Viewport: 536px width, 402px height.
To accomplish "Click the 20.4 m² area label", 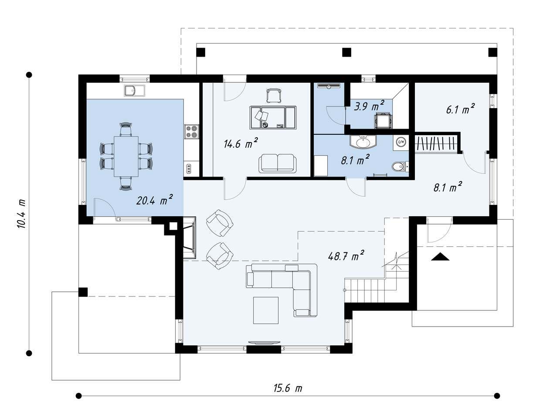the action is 154,200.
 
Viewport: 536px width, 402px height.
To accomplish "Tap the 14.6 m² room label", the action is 241,143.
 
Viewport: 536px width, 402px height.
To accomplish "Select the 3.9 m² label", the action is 369,106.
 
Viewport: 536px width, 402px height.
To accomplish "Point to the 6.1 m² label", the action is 460,109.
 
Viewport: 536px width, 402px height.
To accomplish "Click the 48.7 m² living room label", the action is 346,256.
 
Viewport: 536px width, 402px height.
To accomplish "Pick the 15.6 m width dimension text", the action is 288,388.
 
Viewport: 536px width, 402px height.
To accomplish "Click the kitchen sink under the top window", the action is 134,90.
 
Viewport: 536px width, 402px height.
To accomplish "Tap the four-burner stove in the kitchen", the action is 191,132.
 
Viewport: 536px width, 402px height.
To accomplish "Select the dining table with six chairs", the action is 126,156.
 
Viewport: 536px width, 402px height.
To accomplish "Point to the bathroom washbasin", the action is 363,142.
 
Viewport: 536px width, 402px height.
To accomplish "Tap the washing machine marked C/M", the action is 401,142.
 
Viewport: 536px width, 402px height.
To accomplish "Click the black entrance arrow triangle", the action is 440,257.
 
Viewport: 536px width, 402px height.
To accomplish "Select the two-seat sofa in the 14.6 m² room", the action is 278,164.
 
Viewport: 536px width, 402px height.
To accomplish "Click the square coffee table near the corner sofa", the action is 266,310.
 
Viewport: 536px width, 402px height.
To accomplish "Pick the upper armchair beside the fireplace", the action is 220,223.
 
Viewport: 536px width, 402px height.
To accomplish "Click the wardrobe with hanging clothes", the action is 436,143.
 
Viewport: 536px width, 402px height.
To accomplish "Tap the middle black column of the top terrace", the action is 346,52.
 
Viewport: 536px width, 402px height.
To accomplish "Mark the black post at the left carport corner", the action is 83,292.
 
